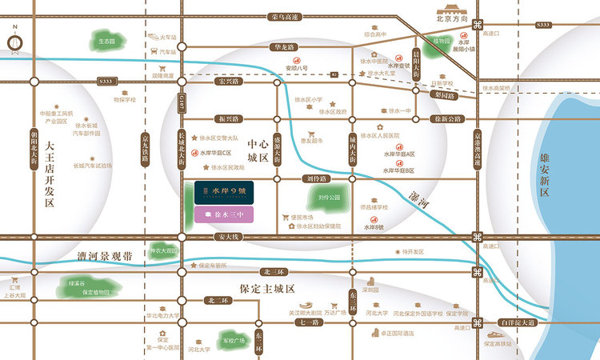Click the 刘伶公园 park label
[x=329, y=197]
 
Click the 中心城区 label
[x=257, y=149]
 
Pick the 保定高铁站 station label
[x=501, y=343]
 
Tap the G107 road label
[x=182, y=102]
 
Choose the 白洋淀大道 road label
[x=518, y=322]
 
